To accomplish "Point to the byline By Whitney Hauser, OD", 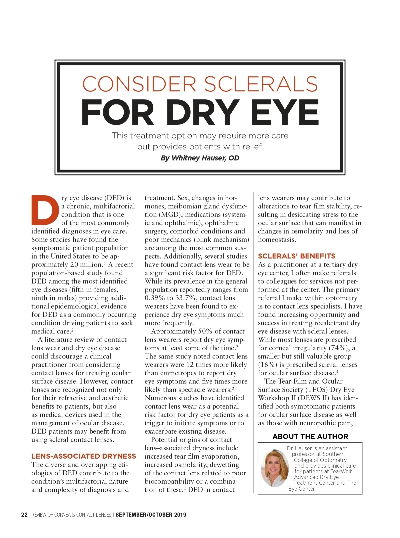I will (200, 158).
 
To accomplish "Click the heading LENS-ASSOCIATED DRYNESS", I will (84, 456).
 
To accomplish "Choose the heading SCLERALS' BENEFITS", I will (296, 256).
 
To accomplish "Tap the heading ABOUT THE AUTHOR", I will (310, 437).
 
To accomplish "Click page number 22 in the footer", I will (24, 515).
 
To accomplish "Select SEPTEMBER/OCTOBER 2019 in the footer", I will (151, 515).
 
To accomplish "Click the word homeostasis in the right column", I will (277, 240).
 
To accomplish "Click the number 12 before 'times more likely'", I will (190, 365).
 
